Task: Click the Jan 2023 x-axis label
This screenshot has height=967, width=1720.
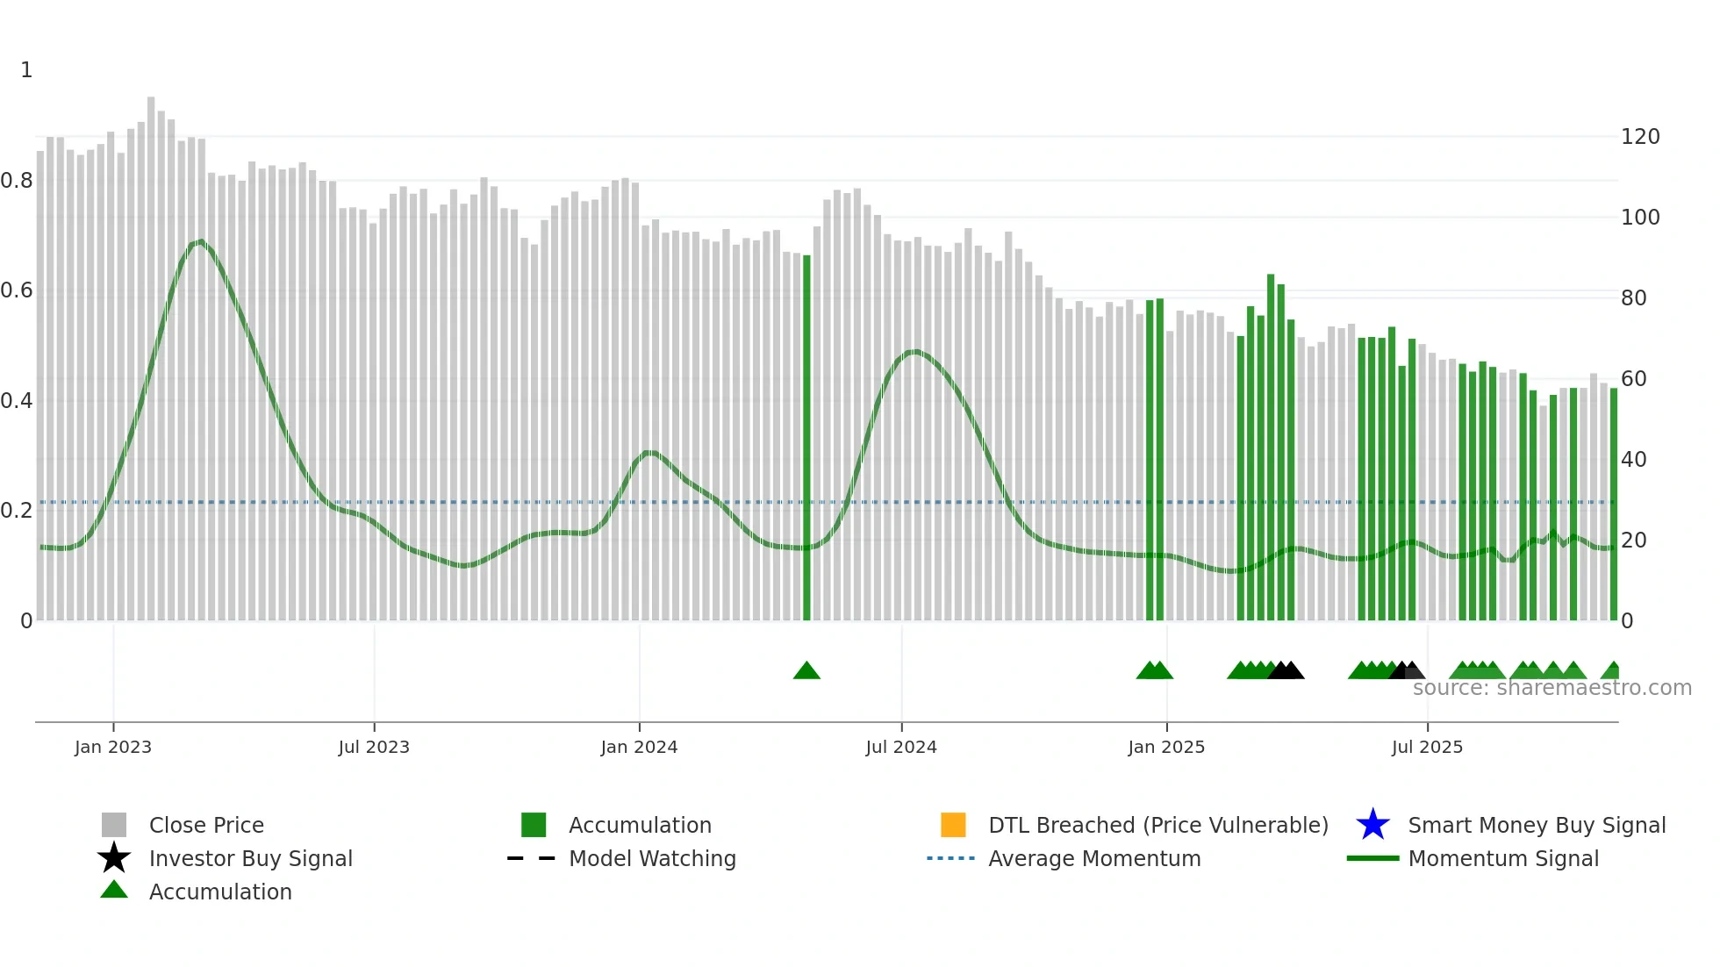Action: coord(113,747)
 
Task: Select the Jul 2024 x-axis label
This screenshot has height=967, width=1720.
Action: coord(901,747)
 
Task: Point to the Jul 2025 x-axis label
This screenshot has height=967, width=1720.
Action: coord(1427,747)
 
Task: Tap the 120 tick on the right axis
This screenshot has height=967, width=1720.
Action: coord(1640,137)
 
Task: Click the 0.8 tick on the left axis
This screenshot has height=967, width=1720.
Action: coord(18,181)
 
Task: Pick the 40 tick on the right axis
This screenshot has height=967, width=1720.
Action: coord(1634,460)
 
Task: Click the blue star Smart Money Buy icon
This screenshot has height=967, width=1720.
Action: coord(1372,825)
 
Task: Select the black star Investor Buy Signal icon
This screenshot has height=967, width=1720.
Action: coord(114,858)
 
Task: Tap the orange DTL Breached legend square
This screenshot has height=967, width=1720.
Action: coord(953,825)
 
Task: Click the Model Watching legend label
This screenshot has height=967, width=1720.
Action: coord(652,858)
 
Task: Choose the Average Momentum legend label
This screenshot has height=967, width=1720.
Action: coord(1094,858)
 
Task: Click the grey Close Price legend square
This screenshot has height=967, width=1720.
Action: coord(114,825)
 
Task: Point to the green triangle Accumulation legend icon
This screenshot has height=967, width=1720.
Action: coord(114,890)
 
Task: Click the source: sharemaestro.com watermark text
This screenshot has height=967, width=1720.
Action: coord(1552,688)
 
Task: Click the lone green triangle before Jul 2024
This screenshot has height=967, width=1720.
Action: coord(806,671)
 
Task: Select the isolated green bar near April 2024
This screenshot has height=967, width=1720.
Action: coord(806,439)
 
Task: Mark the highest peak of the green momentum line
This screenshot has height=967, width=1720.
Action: coord(201,240)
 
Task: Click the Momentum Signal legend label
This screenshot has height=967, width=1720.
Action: coord(1503,858)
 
